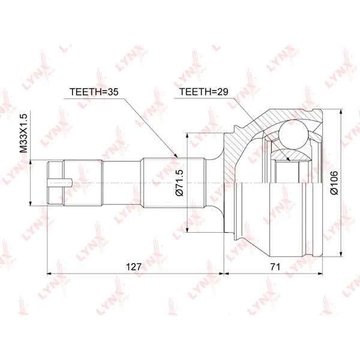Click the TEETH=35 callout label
pos(94,92)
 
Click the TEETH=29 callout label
pos(203,92)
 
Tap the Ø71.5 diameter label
pos(179,183)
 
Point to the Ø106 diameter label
pos(334,183)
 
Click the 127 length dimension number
pos(134,267)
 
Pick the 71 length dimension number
pos(275,267)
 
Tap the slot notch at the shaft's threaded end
pos(60,183)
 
